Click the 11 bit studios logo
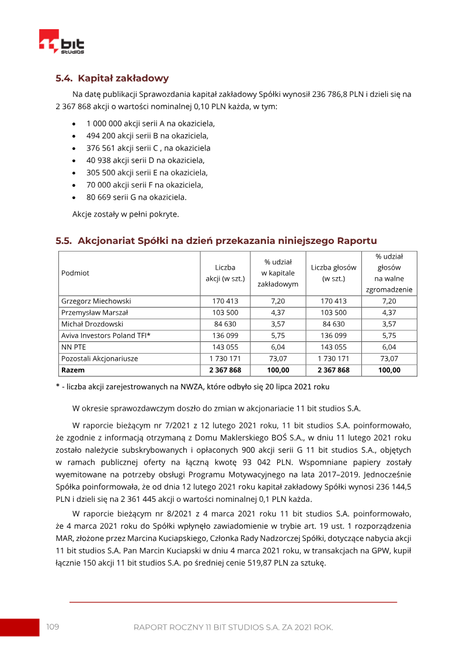point(62,42)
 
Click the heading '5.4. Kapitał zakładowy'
point(112,78)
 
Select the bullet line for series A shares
point(151,124)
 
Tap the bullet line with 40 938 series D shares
point(145,160)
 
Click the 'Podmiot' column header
point(75,273)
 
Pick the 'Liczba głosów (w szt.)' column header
point(333,273)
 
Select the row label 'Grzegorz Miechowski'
point(96,301)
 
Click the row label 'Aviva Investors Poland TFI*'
point(106,336)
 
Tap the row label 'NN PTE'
point(74,347)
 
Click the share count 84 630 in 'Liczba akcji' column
point(225,324)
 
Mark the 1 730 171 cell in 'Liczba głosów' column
point(333,358)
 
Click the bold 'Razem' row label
point(73,370)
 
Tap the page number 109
point(53,627)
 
